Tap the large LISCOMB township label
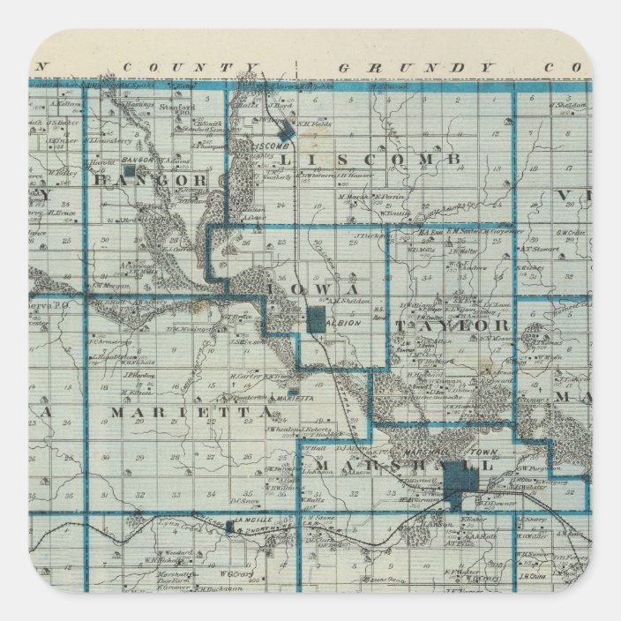point(370,159)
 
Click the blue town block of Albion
point(317,320)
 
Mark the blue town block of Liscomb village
point(284,137)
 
